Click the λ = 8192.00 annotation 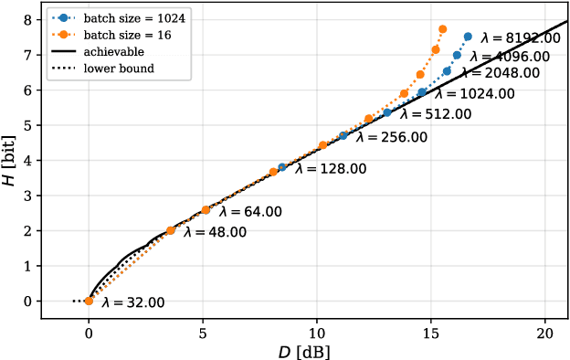coord(522,38)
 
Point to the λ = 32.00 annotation coord(138,303)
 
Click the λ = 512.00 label coord(436,114)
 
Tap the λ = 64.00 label coord(250,211)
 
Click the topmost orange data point coord(442,29)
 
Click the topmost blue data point coord(468,37)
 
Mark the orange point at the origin coord(89,301)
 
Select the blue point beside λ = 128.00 coord(282,167)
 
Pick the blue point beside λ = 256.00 coord(343,135)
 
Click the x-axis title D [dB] coord(304,350)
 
